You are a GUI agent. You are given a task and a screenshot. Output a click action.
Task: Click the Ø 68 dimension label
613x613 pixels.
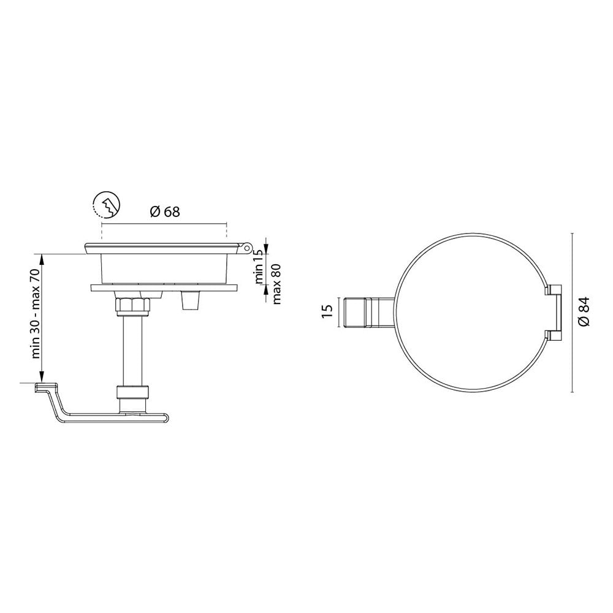164,212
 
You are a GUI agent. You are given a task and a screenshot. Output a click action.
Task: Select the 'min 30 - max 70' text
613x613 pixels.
36,314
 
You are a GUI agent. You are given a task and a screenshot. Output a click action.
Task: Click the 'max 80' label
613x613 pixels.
276,284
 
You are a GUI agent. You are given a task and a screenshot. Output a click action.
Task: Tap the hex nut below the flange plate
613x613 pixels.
132,304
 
